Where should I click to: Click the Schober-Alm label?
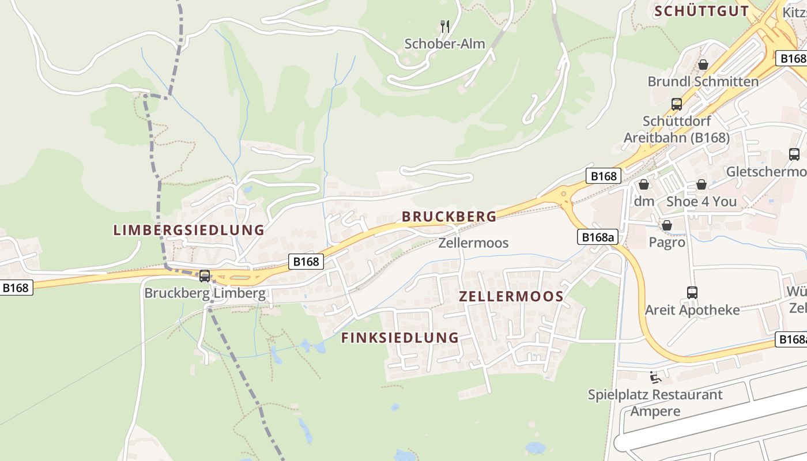click(x=444, y=44)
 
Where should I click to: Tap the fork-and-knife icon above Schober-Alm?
click(x=444, y=27)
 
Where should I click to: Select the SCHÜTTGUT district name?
click(x=702, y=11)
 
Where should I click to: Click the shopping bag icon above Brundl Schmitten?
click(x=703, y=65)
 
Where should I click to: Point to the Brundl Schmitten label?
click(x=703, y=81)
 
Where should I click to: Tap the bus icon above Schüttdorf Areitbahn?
click(x=677, y=104)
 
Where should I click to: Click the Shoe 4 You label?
click(x=701, y=201)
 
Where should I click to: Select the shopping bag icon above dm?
click(x=644, y=184)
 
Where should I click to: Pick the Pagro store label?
click(x=667, y=242)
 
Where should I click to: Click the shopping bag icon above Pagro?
click(x=667, y=225)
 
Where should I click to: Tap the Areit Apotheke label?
click(x=692, y=310)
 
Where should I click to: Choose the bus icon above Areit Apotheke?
click(x=692, y=293)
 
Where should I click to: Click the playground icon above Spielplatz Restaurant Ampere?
click(x=655, y=377)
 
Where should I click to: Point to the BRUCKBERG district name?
click(x=449, y=217)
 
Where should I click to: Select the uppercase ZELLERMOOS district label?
click(x=511, y=296)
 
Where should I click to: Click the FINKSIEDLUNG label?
click(x=400, y=338)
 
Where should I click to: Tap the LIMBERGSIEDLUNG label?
click(x=188, y=230)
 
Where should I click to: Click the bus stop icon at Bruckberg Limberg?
click(x=205, y=276)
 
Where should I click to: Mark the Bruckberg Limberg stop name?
click(x=205, y=293)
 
